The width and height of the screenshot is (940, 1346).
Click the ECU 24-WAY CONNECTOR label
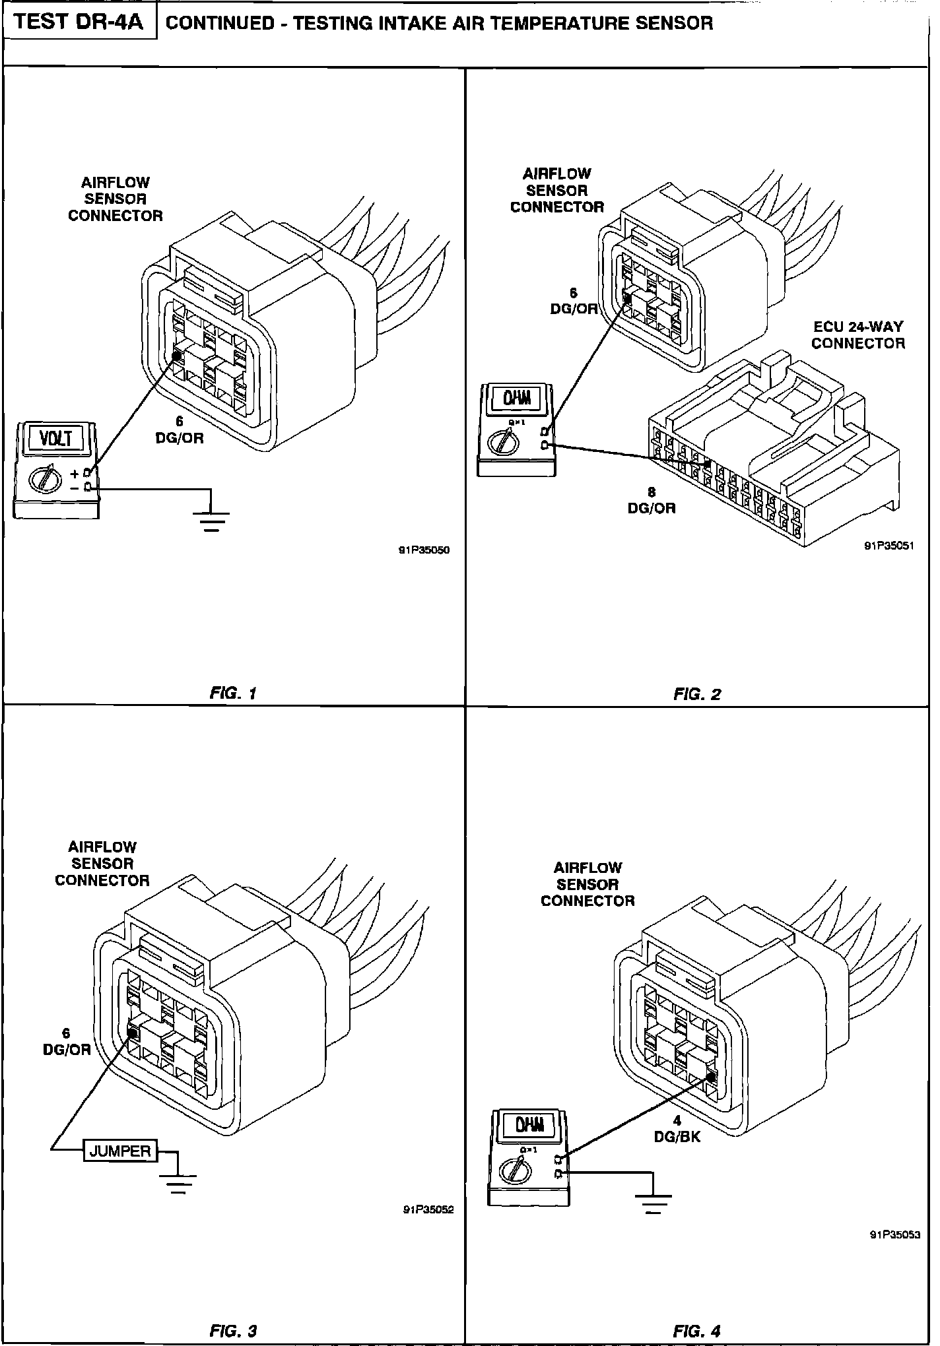click(857, 335)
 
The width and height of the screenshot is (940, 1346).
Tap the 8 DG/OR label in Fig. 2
click(652, 500)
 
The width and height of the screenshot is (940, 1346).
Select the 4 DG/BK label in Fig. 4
click(677, 1129)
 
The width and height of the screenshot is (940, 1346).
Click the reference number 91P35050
click(423, 550)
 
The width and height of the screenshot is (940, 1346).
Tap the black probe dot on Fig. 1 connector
click(177, 357)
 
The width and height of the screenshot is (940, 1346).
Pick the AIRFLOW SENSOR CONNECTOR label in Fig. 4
click(587, 884)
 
